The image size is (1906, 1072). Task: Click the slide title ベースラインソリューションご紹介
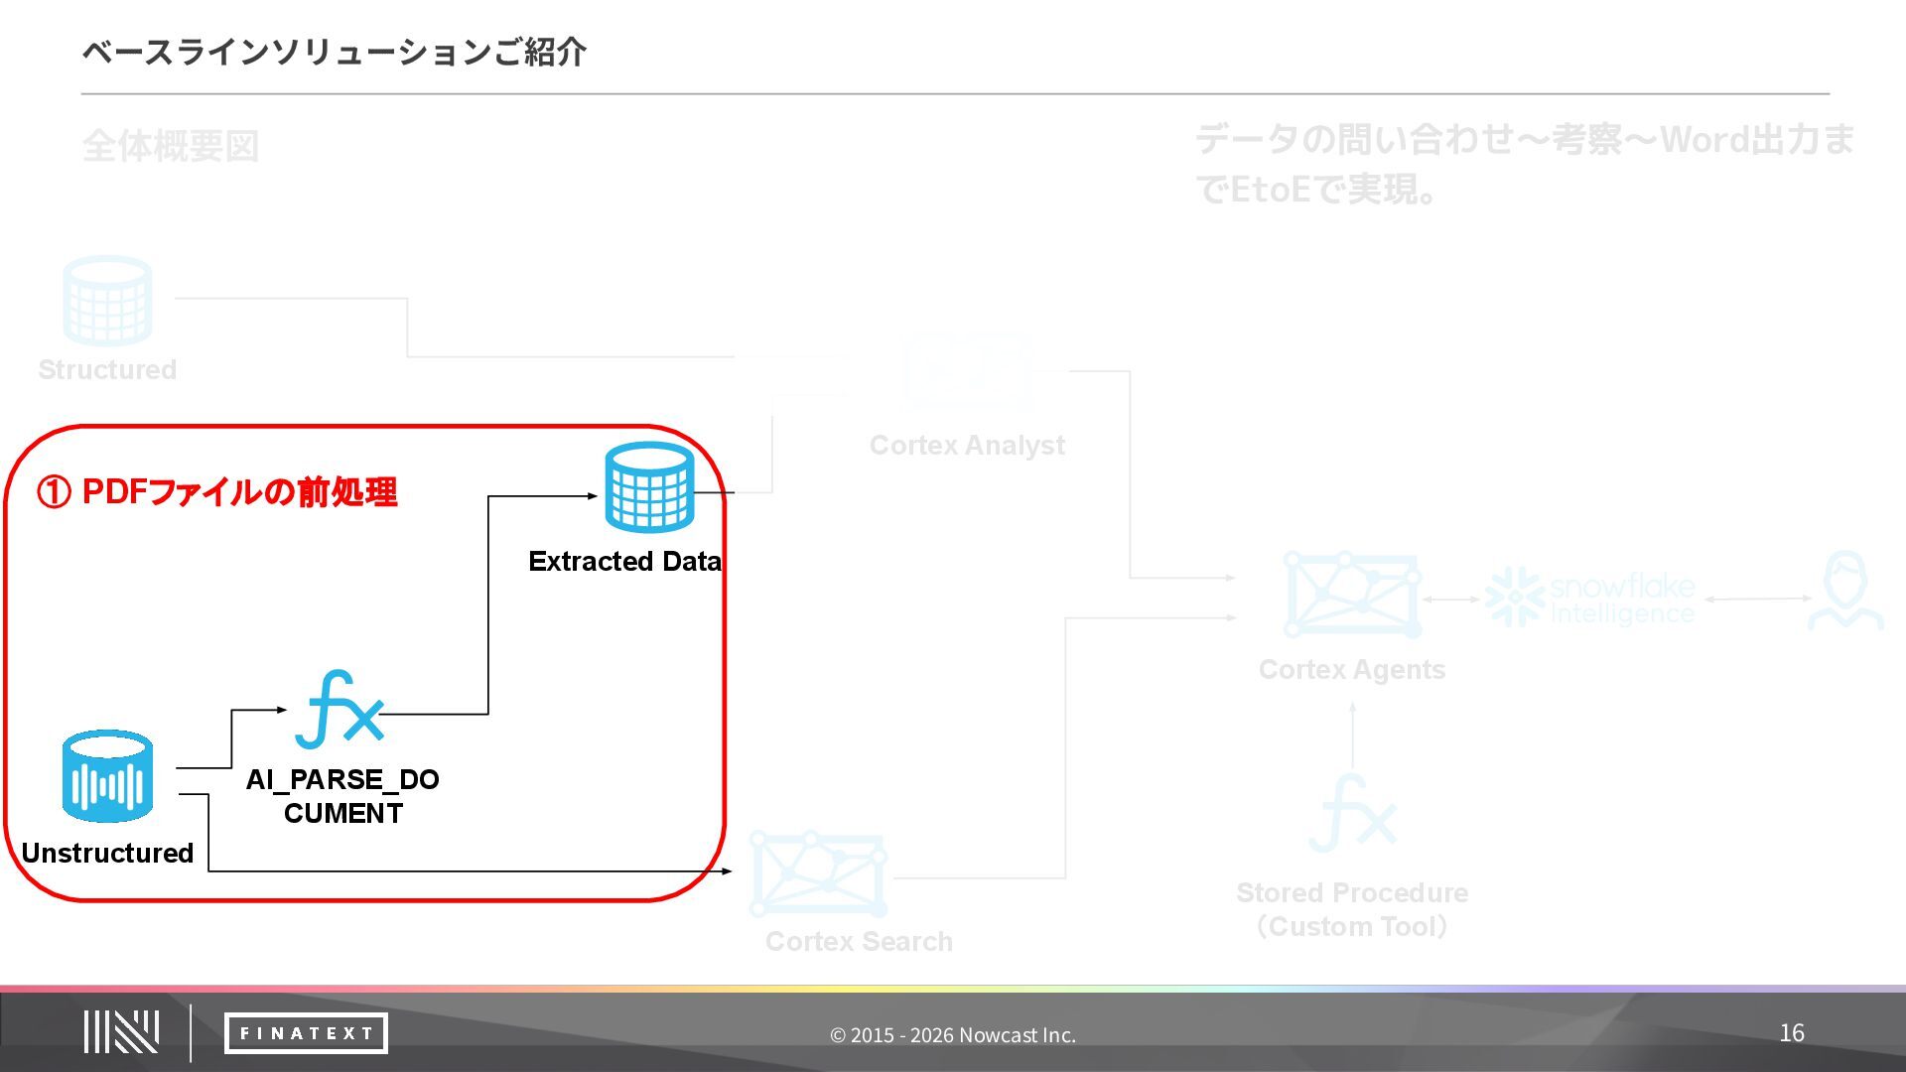click(x=335, y=52)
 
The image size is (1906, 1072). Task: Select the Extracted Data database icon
click(x=649, y=487)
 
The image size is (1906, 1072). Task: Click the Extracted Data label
click(x=624, y=561)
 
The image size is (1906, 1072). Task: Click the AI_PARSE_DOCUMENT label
click(x=342, y=796)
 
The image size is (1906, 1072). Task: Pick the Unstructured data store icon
click(x=107, y=776)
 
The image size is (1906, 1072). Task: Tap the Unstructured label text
click(x=107, y=853)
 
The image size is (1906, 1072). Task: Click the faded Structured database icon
click(x=107, y=300)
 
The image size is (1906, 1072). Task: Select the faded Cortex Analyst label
click(x=967, y=445)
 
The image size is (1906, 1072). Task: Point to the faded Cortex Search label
click(x=859, y=941)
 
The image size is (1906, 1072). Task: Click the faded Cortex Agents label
click(x=1351, y=669)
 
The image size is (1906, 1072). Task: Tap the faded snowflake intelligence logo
click(x=1590, y=599)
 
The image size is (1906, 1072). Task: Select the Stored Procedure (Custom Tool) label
click(x=1351, y=909)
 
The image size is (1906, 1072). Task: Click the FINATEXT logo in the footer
click(x=306, y=1033)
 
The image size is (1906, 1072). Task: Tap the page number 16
click(x=1791, y=1033)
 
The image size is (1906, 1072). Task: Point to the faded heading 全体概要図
click(x=171, y=146)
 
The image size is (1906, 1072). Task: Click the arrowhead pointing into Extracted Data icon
click(x=593, y=495)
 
